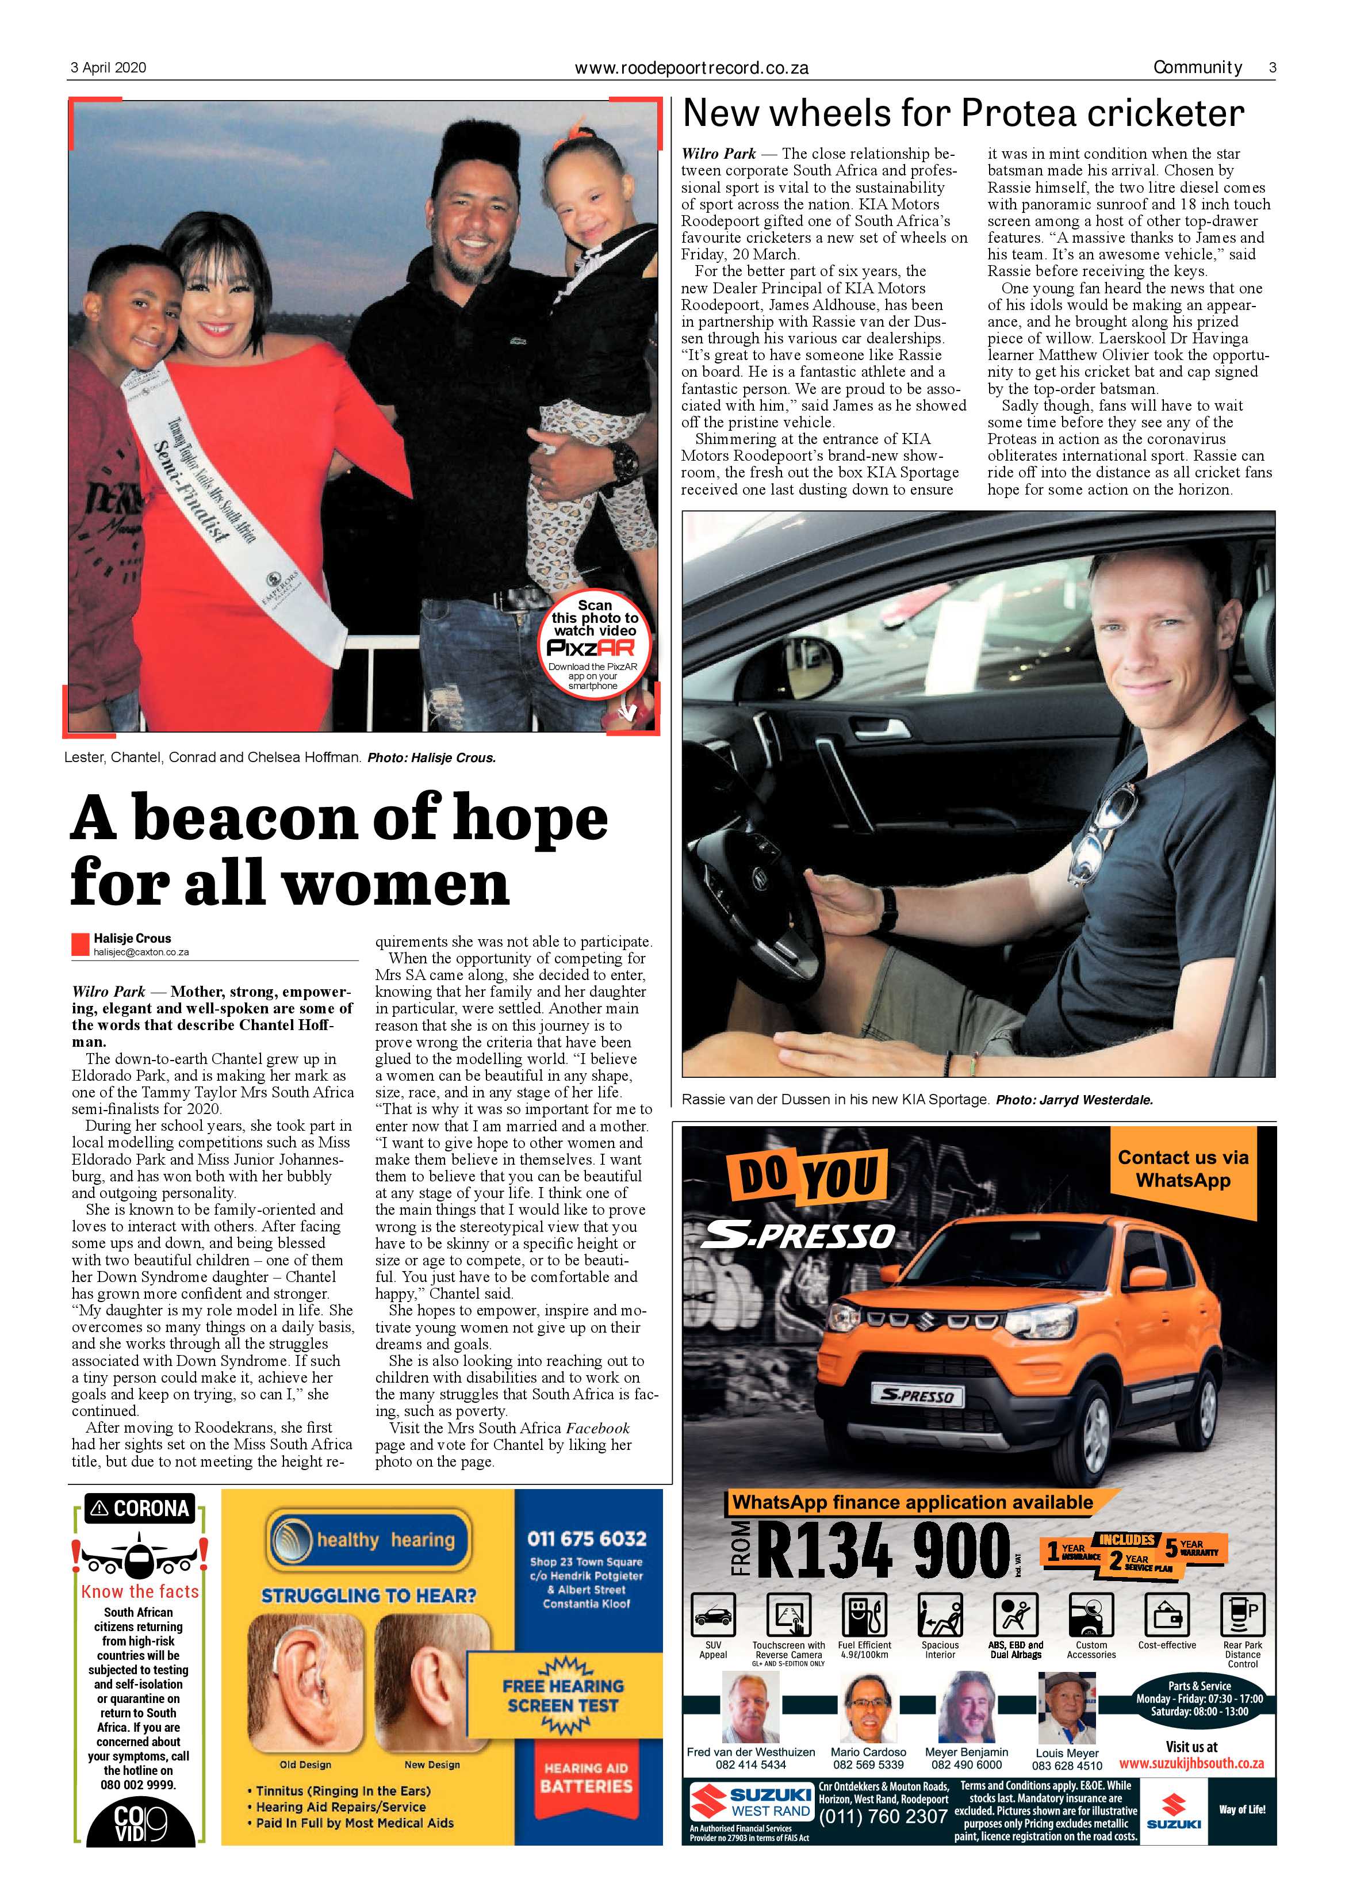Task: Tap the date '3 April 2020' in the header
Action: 108,68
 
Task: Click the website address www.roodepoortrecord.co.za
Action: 692,69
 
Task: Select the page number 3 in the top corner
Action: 1272,68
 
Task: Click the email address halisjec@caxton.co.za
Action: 141,952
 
